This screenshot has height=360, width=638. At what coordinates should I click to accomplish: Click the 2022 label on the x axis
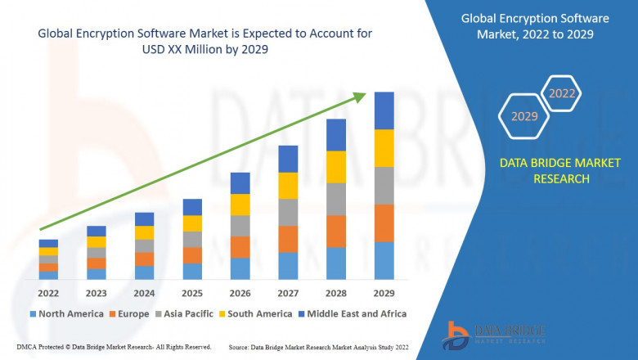point(48,294)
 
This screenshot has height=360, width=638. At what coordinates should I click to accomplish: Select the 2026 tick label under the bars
point(240,294)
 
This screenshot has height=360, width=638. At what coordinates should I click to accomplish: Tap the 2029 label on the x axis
point(384,294)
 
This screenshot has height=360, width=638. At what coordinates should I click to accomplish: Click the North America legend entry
point(66,313)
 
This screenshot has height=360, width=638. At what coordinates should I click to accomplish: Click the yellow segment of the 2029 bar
point(384,148)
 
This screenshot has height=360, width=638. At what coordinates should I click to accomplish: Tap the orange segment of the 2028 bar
point(335,232)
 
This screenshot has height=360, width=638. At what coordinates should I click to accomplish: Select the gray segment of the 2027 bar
point(288,213)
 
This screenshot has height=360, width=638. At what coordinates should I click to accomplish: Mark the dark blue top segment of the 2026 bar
point(240,183)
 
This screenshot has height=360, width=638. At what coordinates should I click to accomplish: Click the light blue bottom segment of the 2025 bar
point(192,272)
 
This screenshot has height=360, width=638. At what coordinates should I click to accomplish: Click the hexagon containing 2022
point(561,93)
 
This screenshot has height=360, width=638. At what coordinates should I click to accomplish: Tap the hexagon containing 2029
point(524,117)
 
